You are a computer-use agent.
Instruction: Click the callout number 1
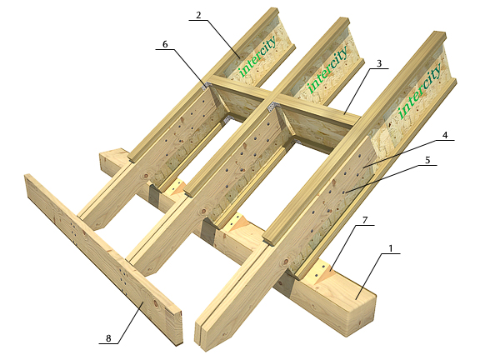coord(390,248)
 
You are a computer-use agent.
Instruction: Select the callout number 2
coord(198,15)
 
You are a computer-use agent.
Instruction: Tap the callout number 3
coord(379,63)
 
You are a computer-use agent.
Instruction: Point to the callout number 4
coord(445,135)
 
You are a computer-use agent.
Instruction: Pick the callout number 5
coord(427,160)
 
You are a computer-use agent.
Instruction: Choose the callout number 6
coord(165,44)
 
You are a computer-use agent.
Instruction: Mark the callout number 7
coord(365,220)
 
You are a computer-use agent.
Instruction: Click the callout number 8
coord(108,338)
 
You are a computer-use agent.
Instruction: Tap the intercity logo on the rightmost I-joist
coord(419,91)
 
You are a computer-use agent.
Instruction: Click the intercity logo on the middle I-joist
coord(327,69)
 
